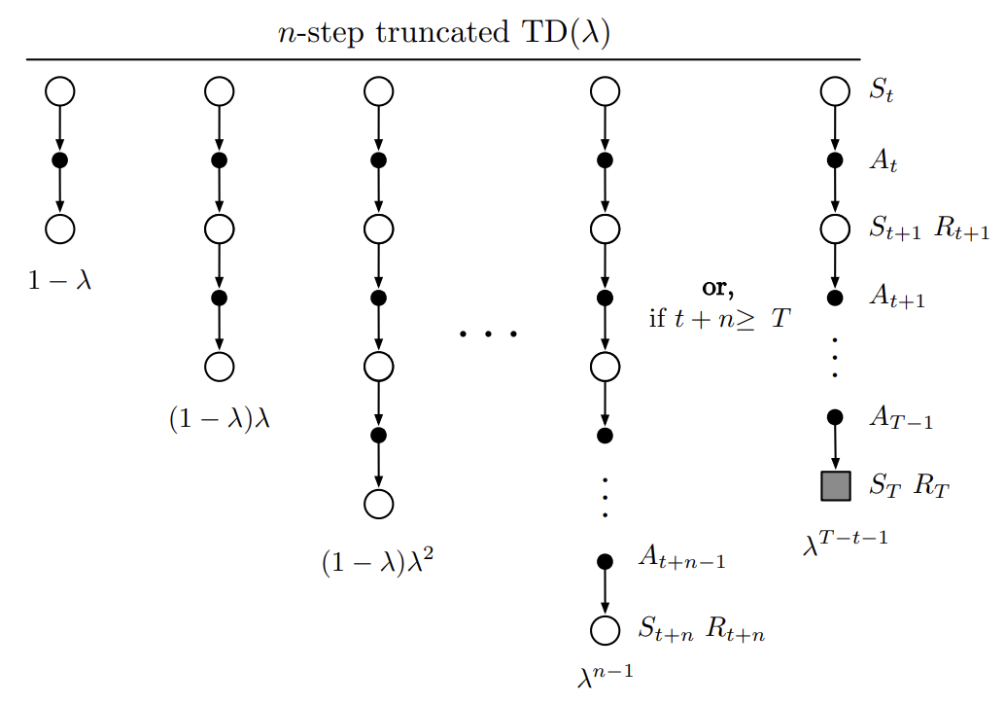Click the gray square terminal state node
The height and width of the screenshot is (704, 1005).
835,485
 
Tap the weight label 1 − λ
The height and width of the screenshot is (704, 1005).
60,282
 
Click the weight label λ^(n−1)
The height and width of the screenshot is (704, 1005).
604,675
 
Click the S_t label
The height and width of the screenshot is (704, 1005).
883,94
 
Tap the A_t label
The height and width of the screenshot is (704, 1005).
884,162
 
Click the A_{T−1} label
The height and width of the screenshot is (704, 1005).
900,419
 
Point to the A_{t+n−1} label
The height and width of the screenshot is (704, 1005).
680,559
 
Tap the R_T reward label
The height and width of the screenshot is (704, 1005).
931,486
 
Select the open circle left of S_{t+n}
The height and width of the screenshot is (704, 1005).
605,629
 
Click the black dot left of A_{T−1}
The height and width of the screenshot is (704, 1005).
835,418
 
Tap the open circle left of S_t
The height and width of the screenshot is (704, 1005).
835,92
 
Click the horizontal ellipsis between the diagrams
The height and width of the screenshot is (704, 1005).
488,334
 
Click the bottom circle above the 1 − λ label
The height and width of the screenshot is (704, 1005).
60,229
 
